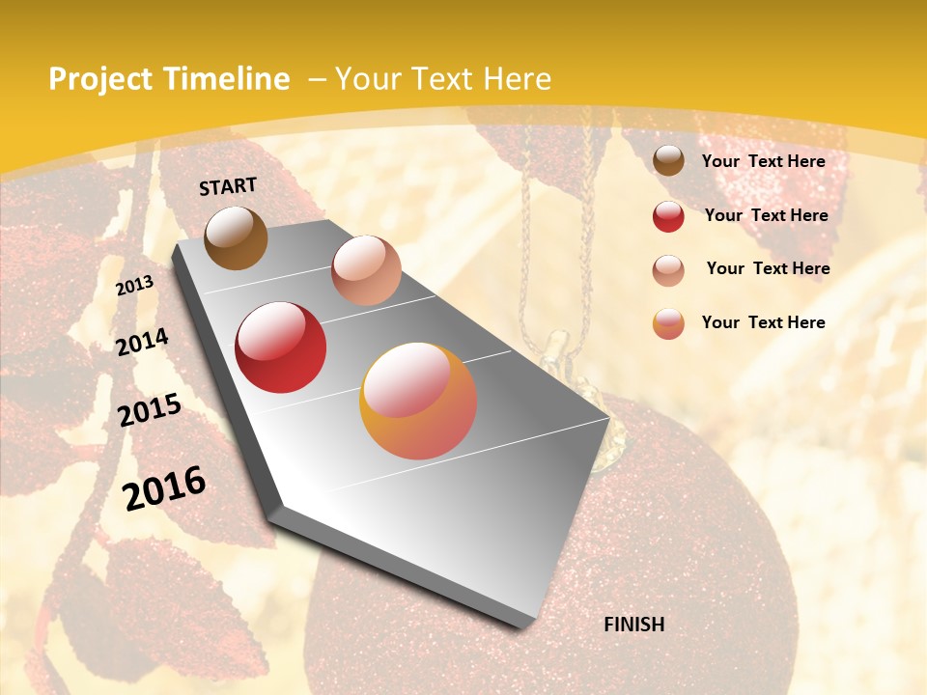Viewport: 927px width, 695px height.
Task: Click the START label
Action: point(228,186)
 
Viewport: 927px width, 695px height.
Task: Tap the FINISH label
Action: point(633,625)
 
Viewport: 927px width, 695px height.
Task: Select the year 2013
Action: point(135,286)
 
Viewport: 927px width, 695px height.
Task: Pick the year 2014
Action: point(142,342)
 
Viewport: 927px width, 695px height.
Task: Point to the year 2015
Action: point(150,410)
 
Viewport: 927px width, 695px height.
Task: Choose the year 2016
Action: point(164,487)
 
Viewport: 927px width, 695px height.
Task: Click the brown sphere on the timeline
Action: point(236,237)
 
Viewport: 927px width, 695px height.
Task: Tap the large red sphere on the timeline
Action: point(280,347)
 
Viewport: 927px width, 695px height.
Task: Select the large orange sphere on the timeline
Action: point(418,401)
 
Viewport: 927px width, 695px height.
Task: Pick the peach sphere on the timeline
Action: point(366,270)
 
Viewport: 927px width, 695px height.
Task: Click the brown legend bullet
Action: point(668,161)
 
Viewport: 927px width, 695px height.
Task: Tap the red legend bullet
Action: point(668,216)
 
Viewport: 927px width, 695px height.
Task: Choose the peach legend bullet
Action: point(668,269)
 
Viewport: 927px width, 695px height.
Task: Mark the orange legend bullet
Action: point(668,323)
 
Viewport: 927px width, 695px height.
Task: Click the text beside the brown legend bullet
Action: point(763,161)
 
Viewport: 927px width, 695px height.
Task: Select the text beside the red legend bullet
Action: point(766,215)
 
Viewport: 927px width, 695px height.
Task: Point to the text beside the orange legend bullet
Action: point(763,322)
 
